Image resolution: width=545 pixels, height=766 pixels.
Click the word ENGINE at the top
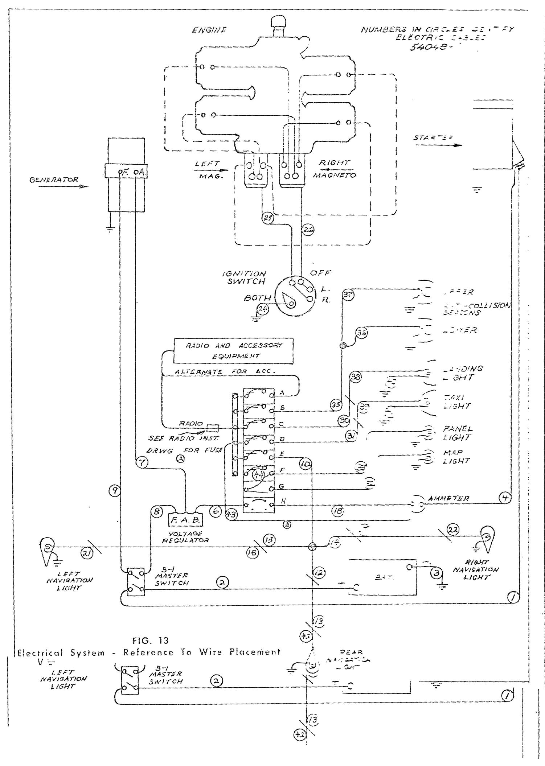(209, 30)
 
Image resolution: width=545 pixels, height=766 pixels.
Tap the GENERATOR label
(54, 180)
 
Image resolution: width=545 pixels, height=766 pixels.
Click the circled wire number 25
(268, 218)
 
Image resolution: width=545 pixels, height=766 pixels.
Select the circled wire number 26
(308, 230)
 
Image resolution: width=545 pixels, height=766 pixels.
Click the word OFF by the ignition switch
(320, 272)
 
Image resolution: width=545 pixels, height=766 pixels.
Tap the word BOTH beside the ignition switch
(258, 298)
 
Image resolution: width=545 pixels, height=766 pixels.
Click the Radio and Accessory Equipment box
(234, 350)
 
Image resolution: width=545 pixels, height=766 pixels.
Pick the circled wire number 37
(348, 295)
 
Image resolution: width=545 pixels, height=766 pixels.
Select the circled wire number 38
(356, 377)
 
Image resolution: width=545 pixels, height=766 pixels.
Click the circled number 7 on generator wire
(142, 462)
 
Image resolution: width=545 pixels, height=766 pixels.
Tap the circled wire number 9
(114, 491)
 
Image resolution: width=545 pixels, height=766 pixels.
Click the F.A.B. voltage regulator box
(185, 520)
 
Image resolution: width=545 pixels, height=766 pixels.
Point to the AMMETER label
(448, 498)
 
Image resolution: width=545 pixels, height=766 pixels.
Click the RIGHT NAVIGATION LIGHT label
(476, 569)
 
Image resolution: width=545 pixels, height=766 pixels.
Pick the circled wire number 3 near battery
(437, 573)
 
